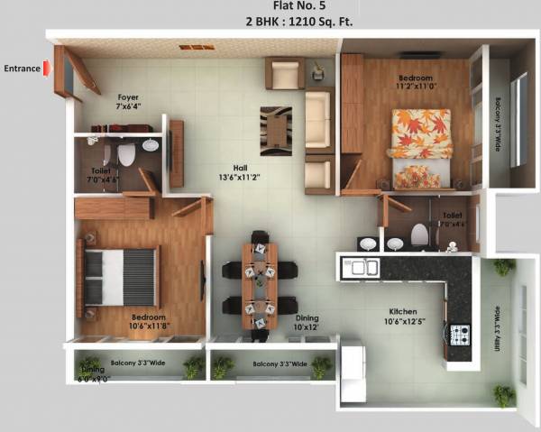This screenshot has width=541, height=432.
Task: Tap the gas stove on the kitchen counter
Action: click(x=461, y=335)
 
